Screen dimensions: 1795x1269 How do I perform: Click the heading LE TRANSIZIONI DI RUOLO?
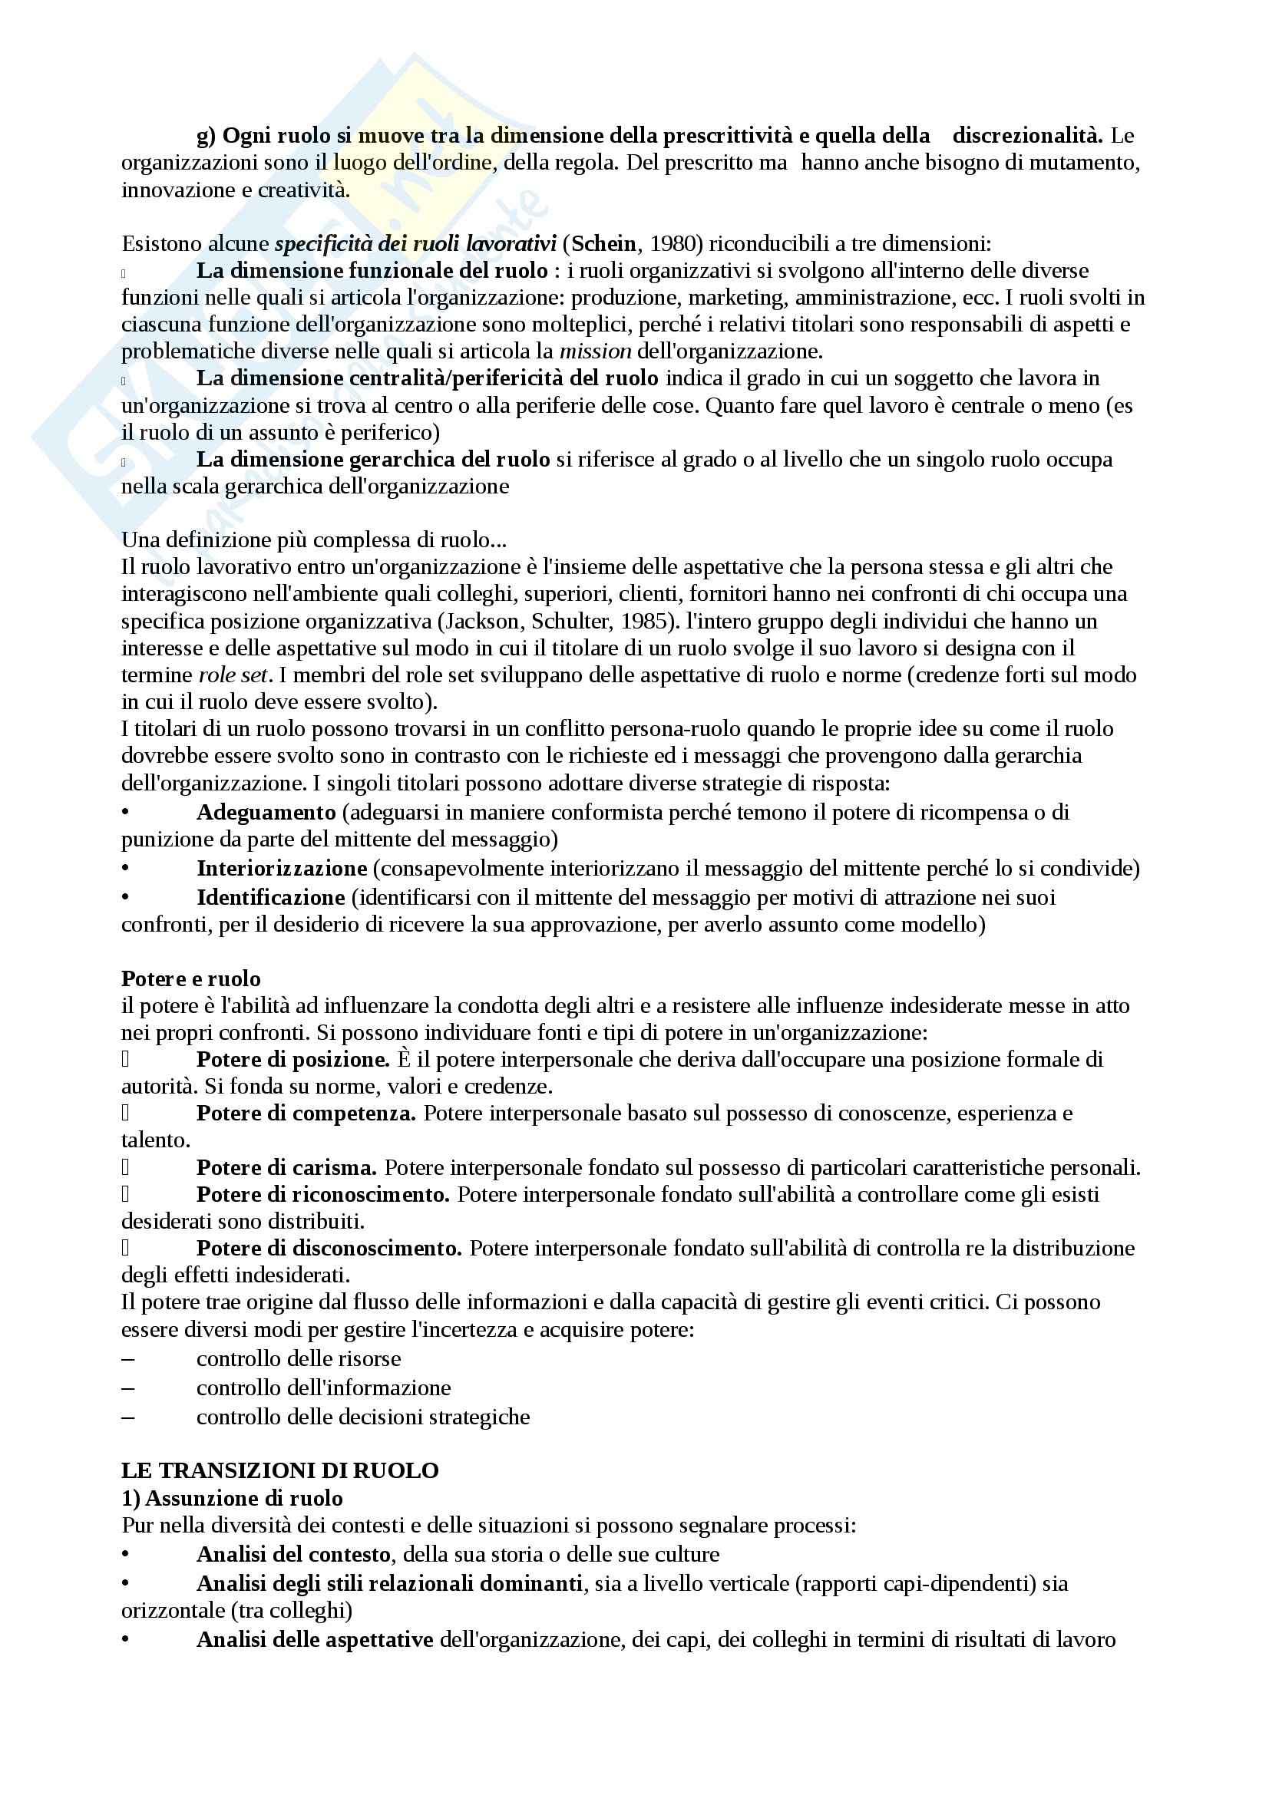[x=279, y=1470]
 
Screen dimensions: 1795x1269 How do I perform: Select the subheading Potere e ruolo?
[x=191, y=978]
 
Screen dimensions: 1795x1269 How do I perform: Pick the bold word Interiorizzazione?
[x=282, y=868]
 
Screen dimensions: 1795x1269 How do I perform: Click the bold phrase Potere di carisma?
[x=286, y=1167]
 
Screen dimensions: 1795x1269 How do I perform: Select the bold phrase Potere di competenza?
[x=306, y=1113]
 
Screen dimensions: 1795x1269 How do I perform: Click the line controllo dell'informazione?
[x=324, y=1387]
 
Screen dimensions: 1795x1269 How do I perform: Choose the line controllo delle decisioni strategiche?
[x=363, y=1417]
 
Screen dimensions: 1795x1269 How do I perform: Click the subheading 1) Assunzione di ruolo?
[x=232, y=1498]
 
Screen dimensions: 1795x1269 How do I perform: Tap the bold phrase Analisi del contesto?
[x=293, y=1553]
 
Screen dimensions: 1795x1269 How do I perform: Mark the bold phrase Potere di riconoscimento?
[x=323, y=1194]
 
